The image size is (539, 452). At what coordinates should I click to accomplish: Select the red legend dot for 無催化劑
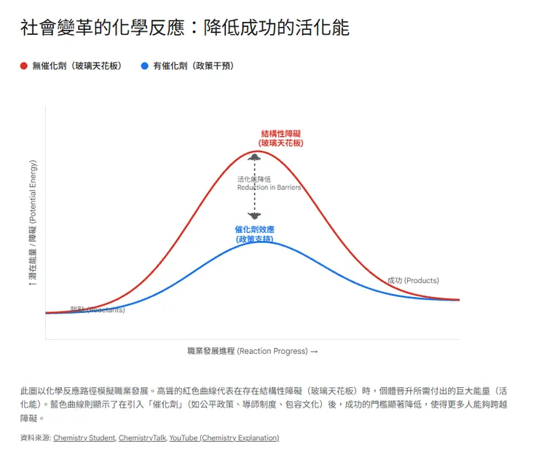click(24, 66)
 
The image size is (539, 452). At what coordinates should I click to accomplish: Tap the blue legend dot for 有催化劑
click(145, 66)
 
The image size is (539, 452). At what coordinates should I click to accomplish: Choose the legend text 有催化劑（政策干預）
click(194, 66)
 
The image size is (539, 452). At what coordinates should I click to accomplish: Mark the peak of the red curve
click(254, 151)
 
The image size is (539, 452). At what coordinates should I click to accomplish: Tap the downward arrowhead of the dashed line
click(254, 215)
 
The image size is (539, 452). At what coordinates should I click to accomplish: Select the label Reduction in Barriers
click(269, 187)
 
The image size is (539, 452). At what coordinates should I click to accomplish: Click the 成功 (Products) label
click(413, 280)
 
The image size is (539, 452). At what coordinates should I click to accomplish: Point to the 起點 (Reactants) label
click(97, 309)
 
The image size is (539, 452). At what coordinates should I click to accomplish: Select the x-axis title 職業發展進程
click(252, 351)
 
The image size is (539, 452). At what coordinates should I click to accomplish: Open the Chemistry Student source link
click(84, 437)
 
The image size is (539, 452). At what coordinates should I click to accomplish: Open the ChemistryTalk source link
click(142, 437)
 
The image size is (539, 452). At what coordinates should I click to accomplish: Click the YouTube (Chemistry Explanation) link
click(224, 437)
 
